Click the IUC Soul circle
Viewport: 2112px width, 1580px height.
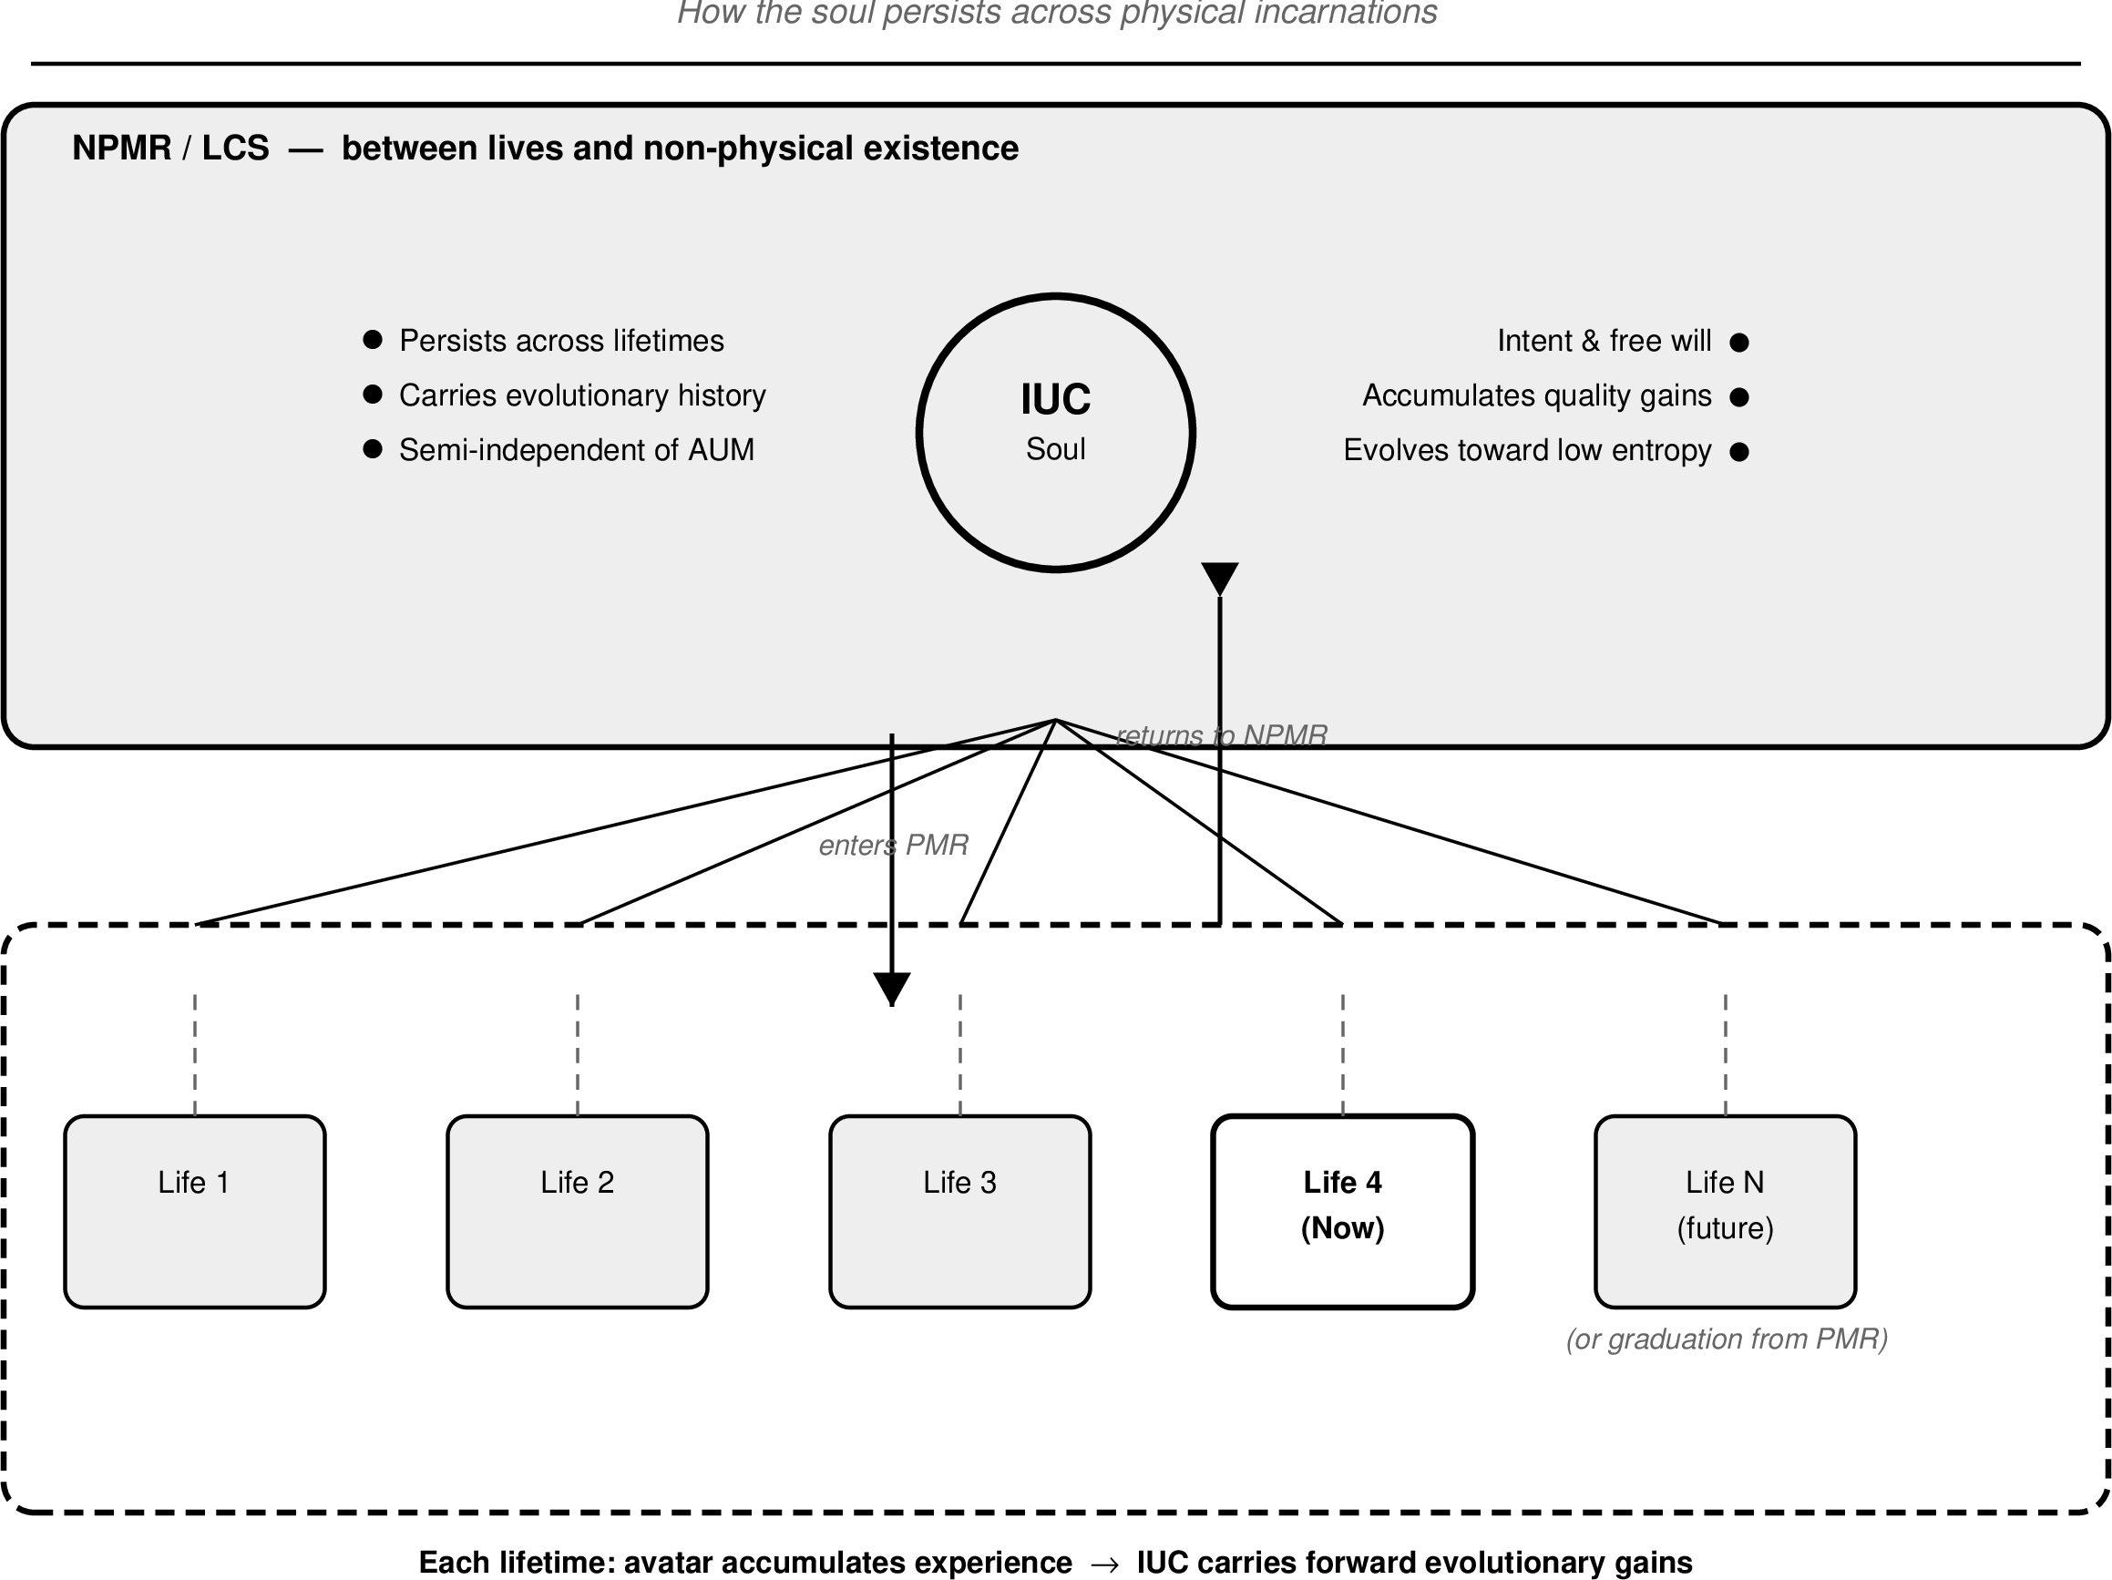point(1055,432)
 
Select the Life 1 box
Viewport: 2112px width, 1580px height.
point(195,1211)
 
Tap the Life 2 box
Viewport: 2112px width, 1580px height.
point(577,1211)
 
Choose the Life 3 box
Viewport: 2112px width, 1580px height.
point(959,1211)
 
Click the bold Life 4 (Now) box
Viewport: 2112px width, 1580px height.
point(1342,1211)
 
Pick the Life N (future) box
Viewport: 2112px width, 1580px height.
point(1725,1211)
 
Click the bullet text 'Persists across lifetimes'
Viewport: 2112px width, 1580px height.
point(561,341)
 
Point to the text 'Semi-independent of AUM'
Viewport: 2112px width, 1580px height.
point(576,449)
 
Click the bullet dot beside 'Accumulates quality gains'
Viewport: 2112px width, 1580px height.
point(1738,397)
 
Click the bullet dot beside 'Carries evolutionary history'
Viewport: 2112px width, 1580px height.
point(374,395)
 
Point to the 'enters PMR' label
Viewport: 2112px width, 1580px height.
point(893,845)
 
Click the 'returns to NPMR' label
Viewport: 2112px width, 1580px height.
point(1221,735)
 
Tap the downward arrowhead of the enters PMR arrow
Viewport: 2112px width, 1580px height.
point(892,987)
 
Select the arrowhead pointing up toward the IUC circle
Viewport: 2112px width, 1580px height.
point(1219,578)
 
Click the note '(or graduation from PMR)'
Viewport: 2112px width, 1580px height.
point(1727,1339)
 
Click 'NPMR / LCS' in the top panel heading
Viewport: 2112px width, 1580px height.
point(170,149)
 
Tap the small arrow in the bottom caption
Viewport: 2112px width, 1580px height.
point(1103,1562)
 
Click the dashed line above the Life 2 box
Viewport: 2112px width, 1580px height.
point(577,1054)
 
